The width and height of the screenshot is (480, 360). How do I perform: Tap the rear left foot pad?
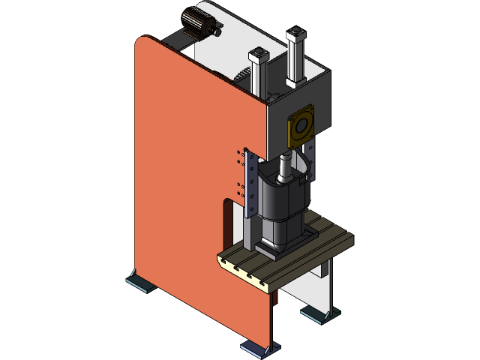139,283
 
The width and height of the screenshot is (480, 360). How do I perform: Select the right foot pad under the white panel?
318,313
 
